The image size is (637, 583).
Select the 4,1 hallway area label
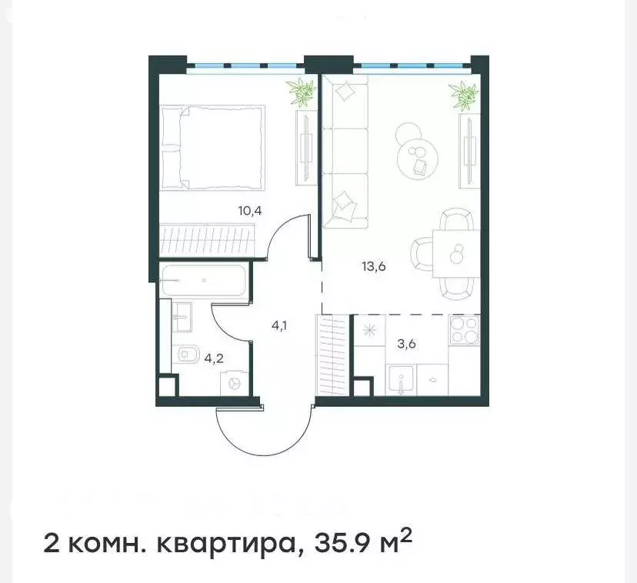point(278,325)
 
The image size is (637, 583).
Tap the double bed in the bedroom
point(212,147)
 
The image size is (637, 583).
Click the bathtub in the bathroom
point(205,281)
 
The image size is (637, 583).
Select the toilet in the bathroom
point(188,353)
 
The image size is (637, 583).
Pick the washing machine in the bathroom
point(234,383)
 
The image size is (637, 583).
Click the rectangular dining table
point(455,254)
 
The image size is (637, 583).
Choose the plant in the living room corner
point(464,95)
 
